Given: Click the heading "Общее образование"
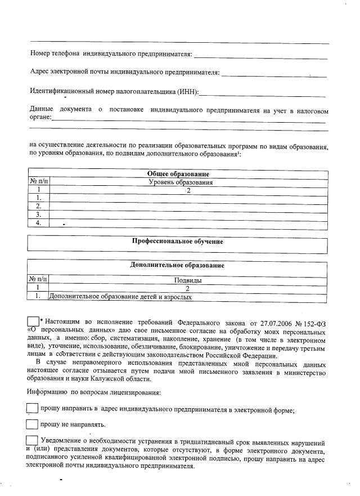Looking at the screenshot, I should (x=178, y=174).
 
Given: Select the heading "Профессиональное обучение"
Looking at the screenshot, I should (x=177, y=242).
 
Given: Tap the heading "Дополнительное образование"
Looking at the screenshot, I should (x=177, y=265).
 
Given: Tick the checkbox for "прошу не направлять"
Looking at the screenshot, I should (x=33, y=423).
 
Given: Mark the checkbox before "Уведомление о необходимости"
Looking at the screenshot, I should (x=33, y=441).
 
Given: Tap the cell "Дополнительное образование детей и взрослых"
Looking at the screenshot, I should (x=124, y=296).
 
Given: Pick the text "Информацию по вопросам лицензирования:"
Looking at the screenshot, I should (x=93, y=392).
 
